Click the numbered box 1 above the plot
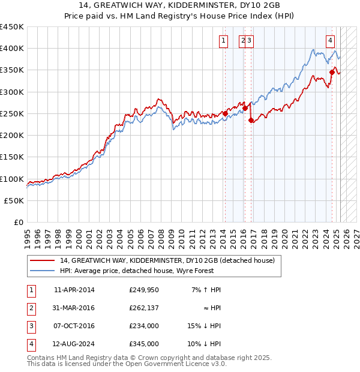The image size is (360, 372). pyautogui.click(x=223, y=41)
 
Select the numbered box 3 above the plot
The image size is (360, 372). pyautogui.click(x=249, y=41)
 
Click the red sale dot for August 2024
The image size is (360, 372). pyautogui.click(x=331, y=72)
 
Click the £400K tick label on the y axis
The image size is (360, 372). pyautogui.click(x=11, y=49)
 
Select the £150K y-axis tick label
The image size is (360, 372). pyautogui.click(x=11, y=157)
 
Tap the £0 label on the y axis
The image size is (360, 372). pyautogui.click(x=19, y=223)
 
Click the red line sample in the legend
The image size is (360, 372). pyautogui.click(x=43, y=260)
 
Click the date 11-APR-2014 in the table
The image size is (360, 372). pyautogui.click(x=74, y=290)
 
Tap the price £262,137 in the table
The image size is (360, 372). pyautogui.click(x=144, y=308)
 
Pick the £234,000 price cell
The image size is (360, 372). pyautogui.click(x=144, y=326)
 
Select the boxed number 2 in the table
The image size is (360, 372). pyautogui.click(x=31, y=308)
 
